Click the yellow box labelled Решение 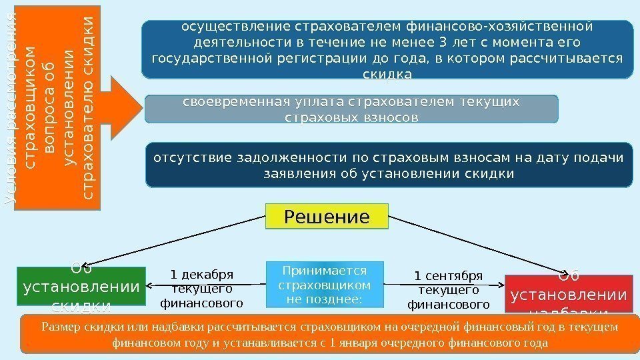(x=327, y=217)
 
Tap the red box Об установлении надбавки (x=567, y=293)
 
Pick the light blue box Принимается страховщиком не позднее (x=325, y=284)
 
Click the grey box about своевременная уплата (x=351, y=109)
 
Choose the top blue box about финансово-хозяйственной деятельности (x=388, y=49)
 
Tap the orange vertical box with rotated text (x=57, y=107)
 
